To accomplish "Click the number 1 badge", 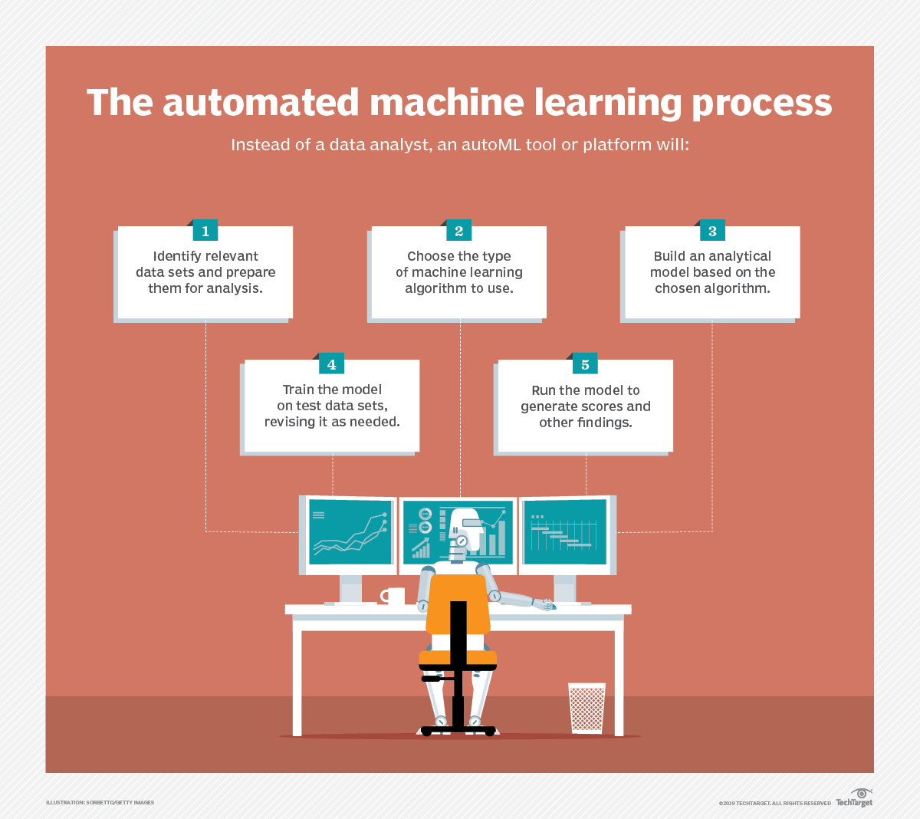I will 205,231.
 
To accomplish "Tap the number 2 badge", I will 458,231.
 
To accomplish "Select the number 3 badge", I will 712,231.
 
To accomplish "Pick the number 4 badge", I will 331,364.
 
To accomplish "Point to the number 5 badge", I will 585,364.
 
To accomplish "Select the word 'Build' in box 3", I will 669,256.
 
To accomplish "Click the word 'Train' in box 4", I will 297,390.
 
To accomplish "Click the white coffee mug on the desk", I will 394,596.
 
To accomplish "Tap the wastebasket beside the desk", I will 587,707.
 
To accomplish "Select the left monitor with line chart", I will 350,532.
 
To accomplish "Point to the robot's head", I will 465,527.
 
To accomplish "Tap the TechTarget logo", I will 855,798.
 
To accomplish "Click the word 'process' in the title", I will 761,103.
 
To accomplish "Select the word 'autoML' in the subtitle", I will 491,145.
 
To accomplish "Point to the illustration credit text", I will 100,803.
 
